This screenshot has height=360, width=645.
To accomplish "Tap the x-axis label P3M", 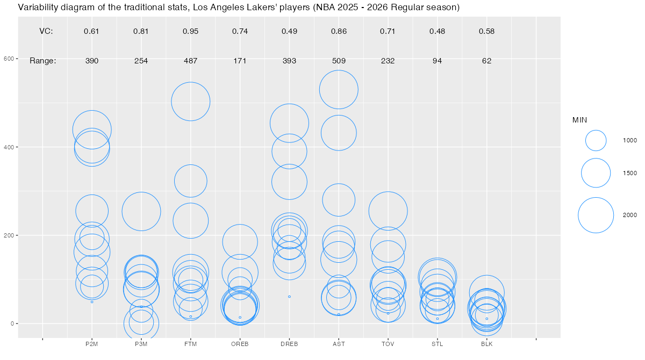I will [x=141, y=344].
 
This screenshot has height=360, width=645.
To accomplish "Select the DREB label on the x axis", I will [x=289, y=344].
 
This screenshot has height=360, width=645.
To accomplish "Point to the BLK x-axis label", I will [x=487, y=344].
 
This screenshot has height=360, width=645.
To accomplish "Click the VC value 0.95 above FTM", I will [x=190, y=31].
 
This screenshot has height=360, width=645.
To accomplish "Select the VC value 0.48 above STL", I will [x=438, y=31].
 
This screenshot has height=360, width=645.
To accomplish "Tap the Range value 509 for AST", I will [x=339, y=61].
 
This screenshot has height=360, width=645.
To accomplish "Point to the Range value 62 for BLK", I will [x=487, y=61].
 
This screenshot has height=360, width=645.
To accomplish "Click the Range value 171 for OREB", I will [x=240, y=61].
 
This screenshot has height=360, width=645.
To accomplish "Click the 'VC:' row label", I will [x=46, y=31].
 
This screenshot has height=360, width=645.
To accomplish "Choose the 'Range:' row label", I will [x=43, y=61].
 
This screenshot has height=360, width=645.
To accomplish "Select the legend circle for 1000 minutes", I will [x=596, y=140].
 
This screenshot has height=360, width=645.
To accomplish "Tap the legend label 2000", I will [x=630, y=215].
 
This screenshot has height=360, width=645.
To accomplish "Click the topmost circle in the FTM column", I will [x=190, y=101].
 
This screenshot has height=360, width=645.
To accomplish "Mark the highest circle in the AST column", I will [x=339, y=89].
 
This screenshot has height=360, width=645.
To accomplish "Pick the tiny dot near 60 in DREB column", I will [x=289, y=297].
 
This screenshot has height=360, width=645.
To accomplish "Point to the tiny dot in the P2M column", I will [x=92, y=301].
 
